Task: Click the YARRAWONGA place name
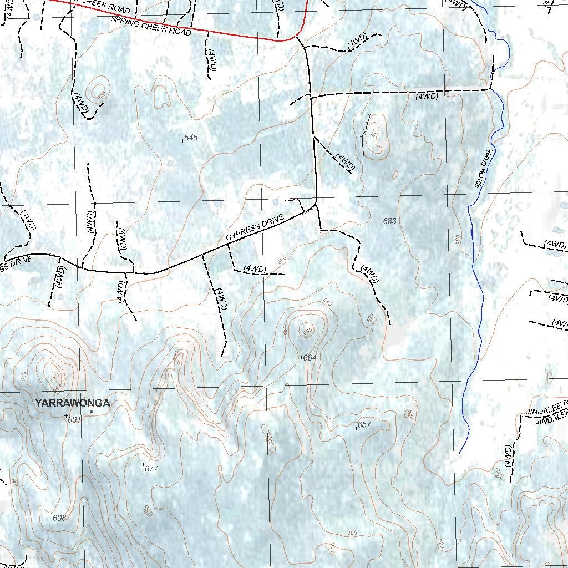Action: click(72, 403)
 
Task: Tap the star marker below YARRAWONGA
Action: click(92, 412)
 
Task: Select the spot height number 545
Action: click(191, 138)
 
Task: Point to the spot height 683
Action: click(390, 221)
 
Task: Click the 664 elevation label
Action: click(310, 358)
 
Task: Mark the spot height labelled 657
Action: click(364, 425)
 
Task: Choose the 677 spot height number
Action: click(151, 469)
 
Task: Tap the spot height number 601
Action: click(74, 420)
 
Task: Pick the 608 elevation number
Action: click(59, 518)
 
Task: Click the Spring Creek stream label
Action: click(484, 168)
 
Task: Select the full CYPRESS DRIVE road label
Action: click(255, 228)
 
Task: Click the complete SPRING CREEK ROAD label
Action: click(151, 26)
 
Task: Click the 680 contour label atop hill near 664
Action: click(308, 332)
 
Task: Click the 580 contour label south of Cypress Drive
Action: click(282, 260)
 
